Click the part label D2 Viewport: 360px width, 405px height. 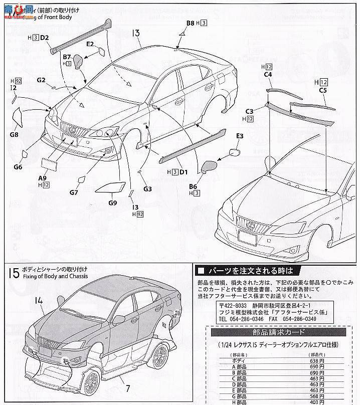tap(44, 37)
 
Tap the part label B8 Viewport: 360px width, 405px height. tap(191, 23)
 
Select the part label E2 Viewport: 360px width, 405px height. tap(90, 44)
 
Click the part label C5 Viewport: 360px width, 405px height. tap(323, 91)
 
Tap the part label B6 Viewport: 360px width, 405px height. tap(193, 186)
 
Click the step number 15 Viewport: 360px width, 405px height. tap(13, 273)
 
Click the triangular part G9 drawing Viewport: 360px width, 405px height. tap(109, 188)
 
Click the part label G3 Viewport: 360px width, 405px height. tap(147, 189)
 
